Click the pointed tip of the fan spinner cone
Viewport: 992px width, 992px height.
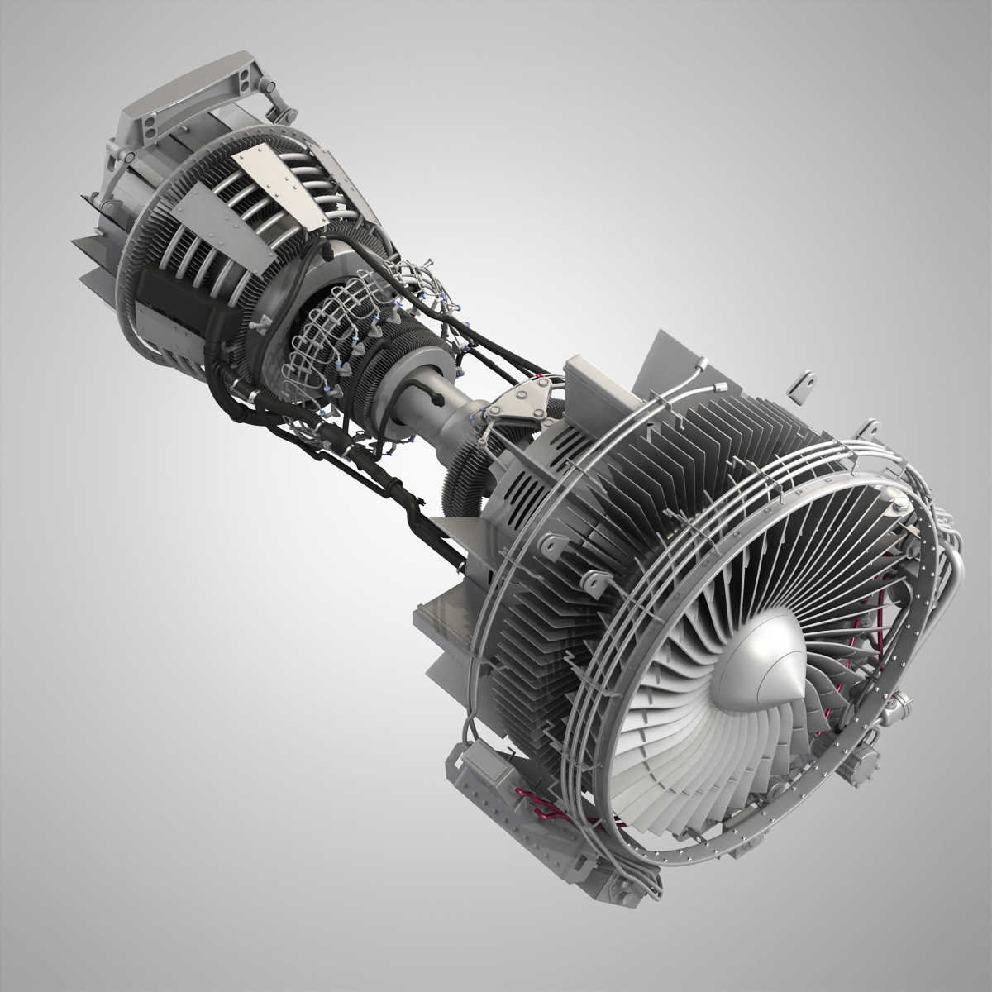(792, 694)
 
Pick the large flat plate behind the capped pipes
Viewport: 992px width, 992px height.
(661, 364)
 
